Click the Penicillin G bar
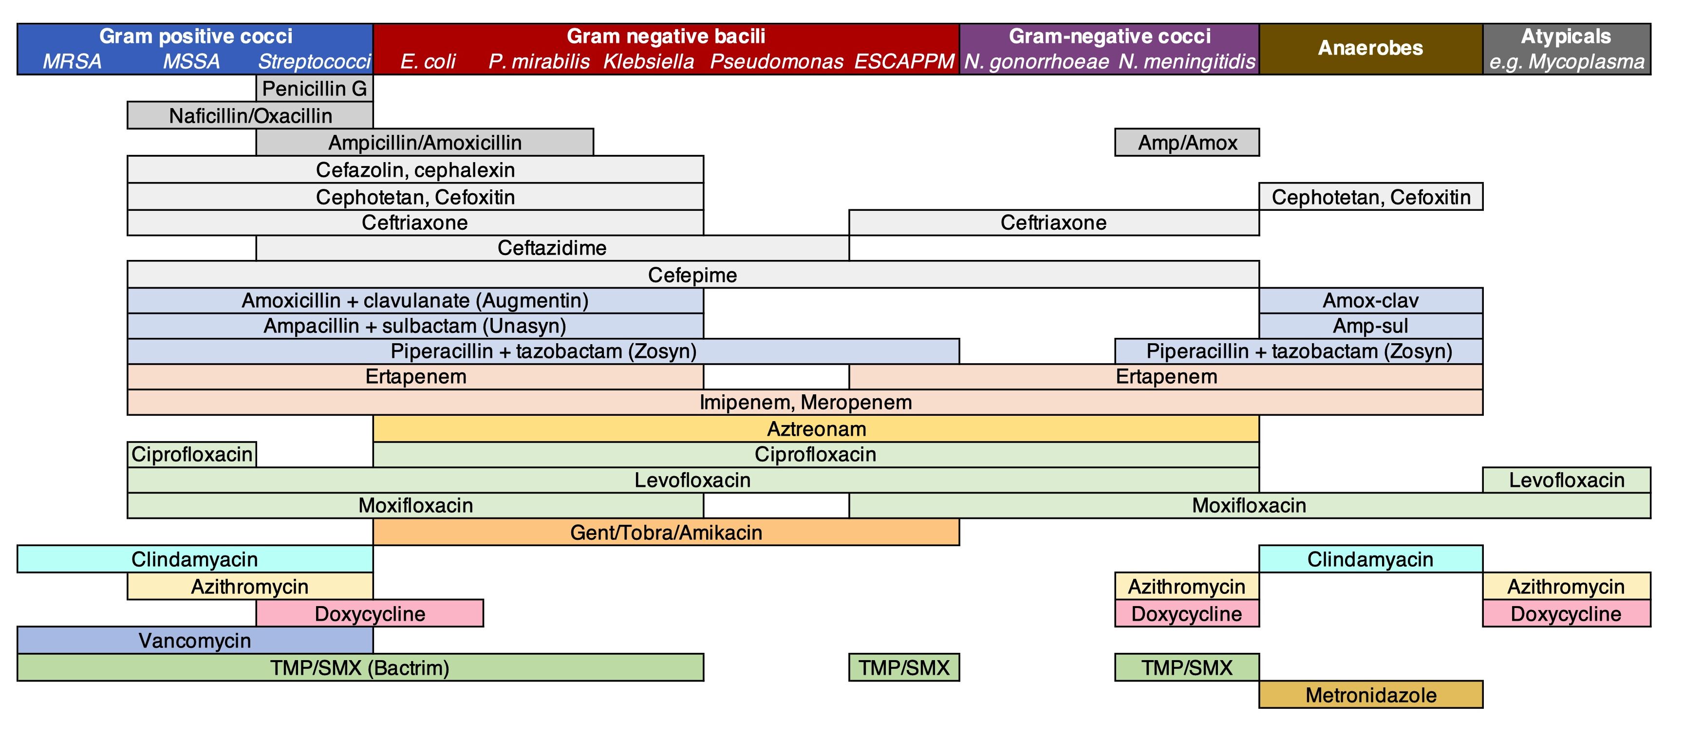coord(314,88)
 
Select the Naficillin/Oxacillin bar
coord(250,115)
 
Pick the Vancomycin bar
coord(195,640)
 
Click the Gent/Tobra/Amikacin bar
coord(666,532)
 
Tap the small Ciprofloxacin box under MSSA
coord(191,454)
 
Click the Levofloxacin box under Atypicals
coord(1566,480)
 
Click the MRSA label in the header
coord(72,61)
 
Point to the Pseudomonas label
coord(776,61)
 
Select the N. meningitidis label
coord(1186,61)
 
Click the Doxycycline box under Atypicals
coord(1566,614)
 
